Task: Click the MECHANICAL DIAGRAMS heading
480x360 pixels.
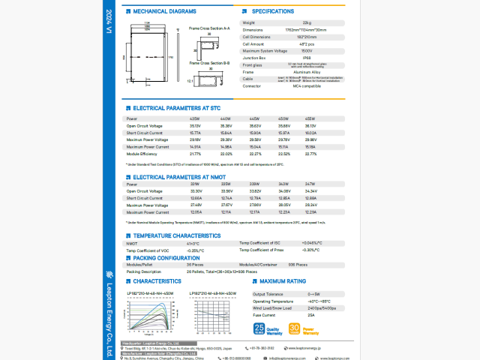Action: click(164, 13)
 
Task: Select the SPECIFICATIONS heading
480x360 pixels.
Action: click(272, 12)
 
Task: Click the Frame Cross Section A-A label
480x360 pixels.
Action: click(209, 28)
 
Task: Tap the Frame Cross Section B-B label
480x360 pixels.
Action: click(209, 63)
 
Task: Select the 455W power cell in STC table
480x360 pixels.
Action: click(310, 119)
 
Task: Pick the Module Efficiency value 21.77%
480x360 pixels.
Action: click(196, 154)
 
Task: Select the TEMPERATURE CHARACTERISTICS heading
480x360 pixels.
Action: click(176, 235)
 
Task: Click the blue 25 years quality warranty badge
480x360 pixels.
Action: click(259, 328)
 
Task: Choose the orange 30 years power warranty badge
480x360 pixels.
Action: click(295, 328)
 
